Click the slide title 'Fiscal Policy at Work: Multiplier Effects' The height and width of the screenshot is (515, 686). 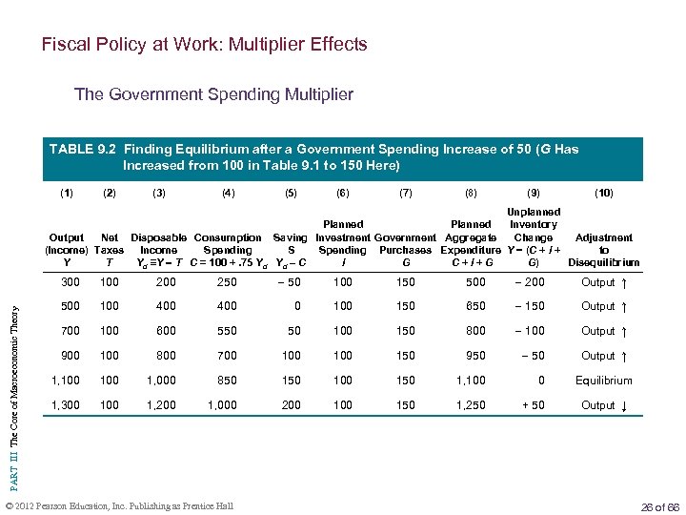pos(204,45)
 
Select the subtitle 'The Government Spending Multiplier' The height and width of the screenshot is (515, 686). pos(213,94)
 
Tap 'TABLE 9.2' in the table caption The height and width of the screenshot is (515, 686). pos(84,149)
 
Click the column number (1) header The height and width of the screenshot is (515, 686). pos(67,193)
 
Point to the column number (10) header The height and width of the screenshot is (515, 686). pos(603,193)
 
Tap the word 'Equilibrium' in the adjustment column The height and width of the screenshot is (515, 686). pos(604,381)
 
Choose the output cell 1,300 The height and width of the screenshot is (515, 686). pos(66,405)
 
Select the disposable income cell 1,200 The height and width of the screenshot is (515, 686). pos(160,405)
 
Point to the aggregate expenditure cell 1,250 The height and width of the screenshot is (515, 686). pos(471,405)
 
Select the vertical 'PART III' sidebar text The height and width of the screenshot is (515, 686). pos(13,381)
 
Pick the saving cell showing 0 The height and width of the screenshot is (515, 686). pos(296,306)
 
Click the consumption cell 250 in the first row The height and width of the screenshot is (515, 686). pos(227,282)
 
